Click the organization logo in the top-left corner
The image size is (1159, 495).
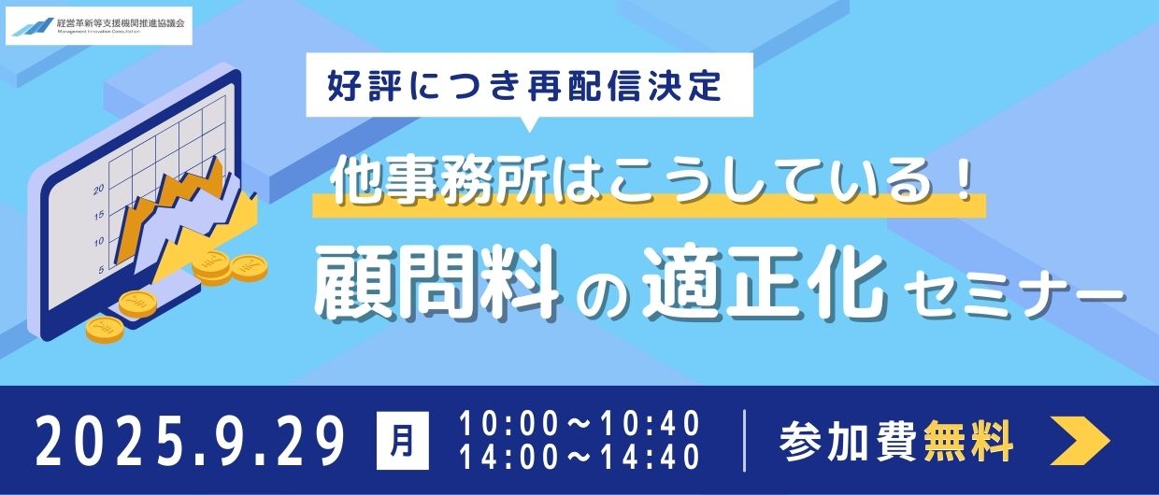tap(99, 25)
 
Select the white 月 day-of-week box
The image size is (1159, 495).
tap(403, 440)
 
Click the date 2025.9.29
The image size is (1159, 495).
tap(191, 441)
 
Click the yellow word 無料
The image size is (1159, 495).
tap(968, 441)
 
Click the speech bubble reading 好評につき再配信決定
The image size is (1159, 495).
tap(529, 87)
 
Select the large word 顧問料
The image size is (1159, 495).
tap(437, 286)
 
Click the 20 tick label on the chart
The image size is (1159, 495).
tap(99, 190)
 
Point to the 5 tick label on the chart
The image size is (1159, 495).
tap(101, 270)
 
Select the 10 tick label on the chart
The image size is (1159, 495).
tap(99, 242)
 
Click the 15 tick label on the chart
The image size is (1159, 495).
tap(99, 215)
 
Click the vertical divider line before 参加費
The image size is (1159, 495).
tap(745, 440)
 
